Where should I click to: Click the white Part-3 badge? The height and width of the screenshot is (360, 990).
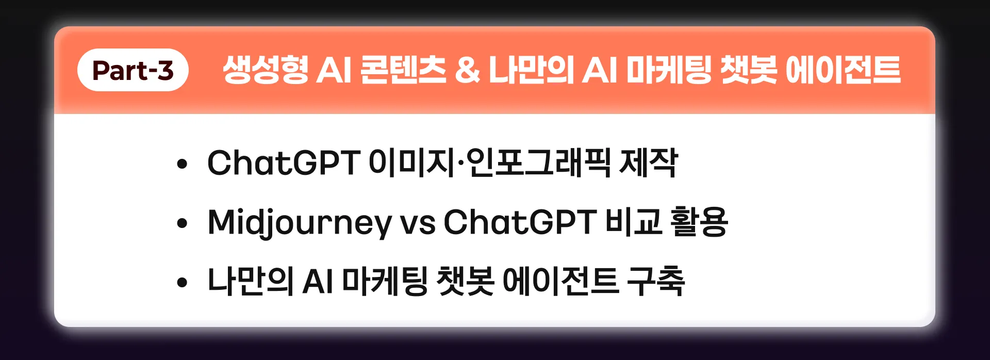coord(133,70)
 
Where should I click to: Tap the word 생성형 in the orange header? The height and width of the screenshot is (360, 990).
coord(266,70)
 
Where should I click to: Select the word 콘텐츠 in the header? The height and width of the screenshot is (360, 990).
coord(403,70)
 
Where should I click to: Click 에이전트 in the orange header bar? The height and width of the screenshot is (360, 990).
coord(843,70)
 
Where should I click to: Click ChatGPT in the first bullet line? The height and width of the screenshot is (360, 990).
coord(283,163)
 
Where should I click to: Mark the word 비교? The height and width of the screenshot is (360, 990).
coord(633,222)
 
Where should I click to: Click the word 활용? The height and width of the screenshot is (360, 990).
coord(699,222)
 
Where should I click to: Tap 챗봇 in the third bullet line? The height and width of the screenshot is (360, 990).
coord(465,282)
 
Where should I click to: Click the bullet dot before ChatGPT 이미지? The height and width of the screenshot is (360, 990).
coord(181,165)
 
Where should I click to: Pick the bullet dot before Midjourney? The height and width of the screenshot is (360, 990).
coord(181,224)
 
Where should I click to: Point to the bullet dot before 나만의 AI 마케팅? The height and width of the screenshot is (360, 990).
coord(181,283)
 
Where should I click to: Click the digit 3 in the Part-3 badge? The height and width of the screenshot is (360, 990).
coord(165,71)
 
